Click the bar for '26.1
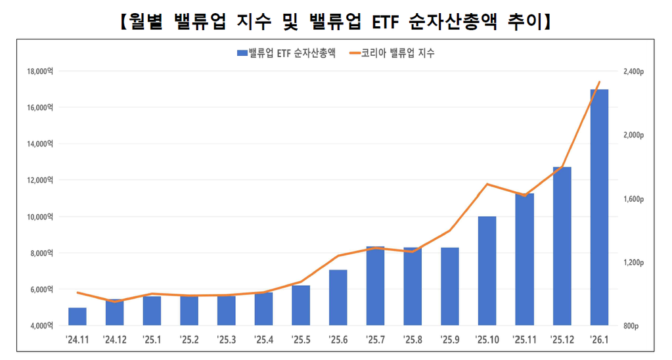(x=599, y=207)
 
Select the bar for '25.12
(x=562, y=246)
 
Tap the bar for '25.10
(x=487, y=271)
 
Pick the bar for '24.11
(x=78, y=317)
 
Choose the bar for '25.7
(x=375, y=286)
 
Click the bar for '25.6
(x=338, y=298)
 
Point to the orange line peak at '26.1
(x=599, y=82)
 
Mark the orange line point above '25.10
(x=487, y=184)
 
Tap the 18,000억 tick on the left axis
(x=40, y=71)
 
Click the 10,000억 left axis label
(x=40, y=217)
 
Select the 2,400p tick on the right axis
(x=633, y=71)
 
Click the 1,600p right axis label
(x=633, y=198)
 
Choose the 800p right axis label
(x=631, y=326)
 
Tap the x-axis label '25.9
(x=450, y=340)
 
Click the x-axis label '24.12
(x=115, y=340)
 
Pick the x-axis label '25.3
(x=226, y=340)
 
